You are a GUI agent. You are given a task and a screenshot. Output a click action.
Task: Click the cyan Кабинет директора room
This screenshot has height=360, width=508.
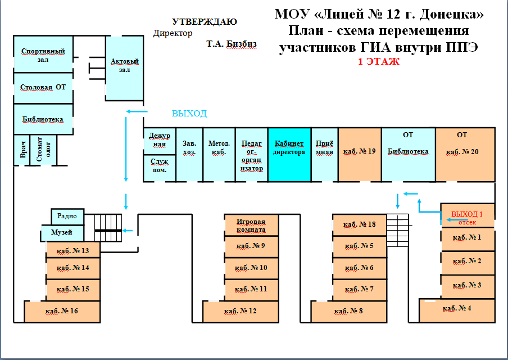click(289, 155)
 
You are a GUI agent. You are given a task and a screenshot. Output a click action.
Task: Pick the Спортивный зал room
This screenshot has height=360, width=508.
click(43, 55)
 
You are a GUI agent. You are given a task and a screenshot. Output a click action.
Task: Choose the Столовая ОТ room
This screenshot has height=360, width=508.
click(43, 88)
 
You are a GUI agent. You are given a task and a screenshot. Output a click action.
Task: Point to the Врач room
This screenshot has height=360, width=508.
click(23, 150)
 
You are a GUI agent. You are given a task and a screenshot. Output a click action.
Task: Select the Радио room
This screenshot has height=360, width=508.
click(67, 217)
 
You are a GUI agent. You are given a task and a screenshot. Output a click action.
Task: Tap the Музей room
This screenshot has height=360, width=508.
click(62, 232)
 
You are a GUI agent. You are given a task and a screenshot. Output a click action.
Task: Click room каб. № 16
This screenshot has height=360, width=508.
click(62, 311)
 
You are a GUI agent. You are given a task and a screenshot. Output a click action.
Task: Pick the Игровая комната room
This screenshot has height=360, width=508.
click(251, 225)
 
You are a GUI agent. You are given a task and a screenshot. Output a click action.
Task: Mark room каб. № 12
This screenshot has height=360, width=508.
click(240, 311)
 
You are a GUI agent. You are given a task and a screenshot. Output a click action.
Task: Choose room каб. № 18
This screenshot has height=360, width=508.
click(360, 225)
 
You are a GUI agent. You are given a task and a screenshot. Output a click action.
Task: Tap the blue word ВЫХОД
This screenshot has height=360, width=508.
click(189, 114)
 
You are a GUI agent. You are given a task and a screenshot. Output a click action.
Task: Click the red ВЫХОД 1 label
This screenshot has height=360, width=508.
click(467, 214)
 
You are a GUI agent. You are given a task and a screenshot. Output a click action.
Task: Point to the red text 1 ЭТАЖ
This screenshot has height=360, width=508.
click(379, 62)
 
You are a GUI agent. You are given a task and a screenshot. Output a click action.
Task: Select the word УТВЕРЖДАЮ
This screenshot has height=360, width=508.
click(204, 22)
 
